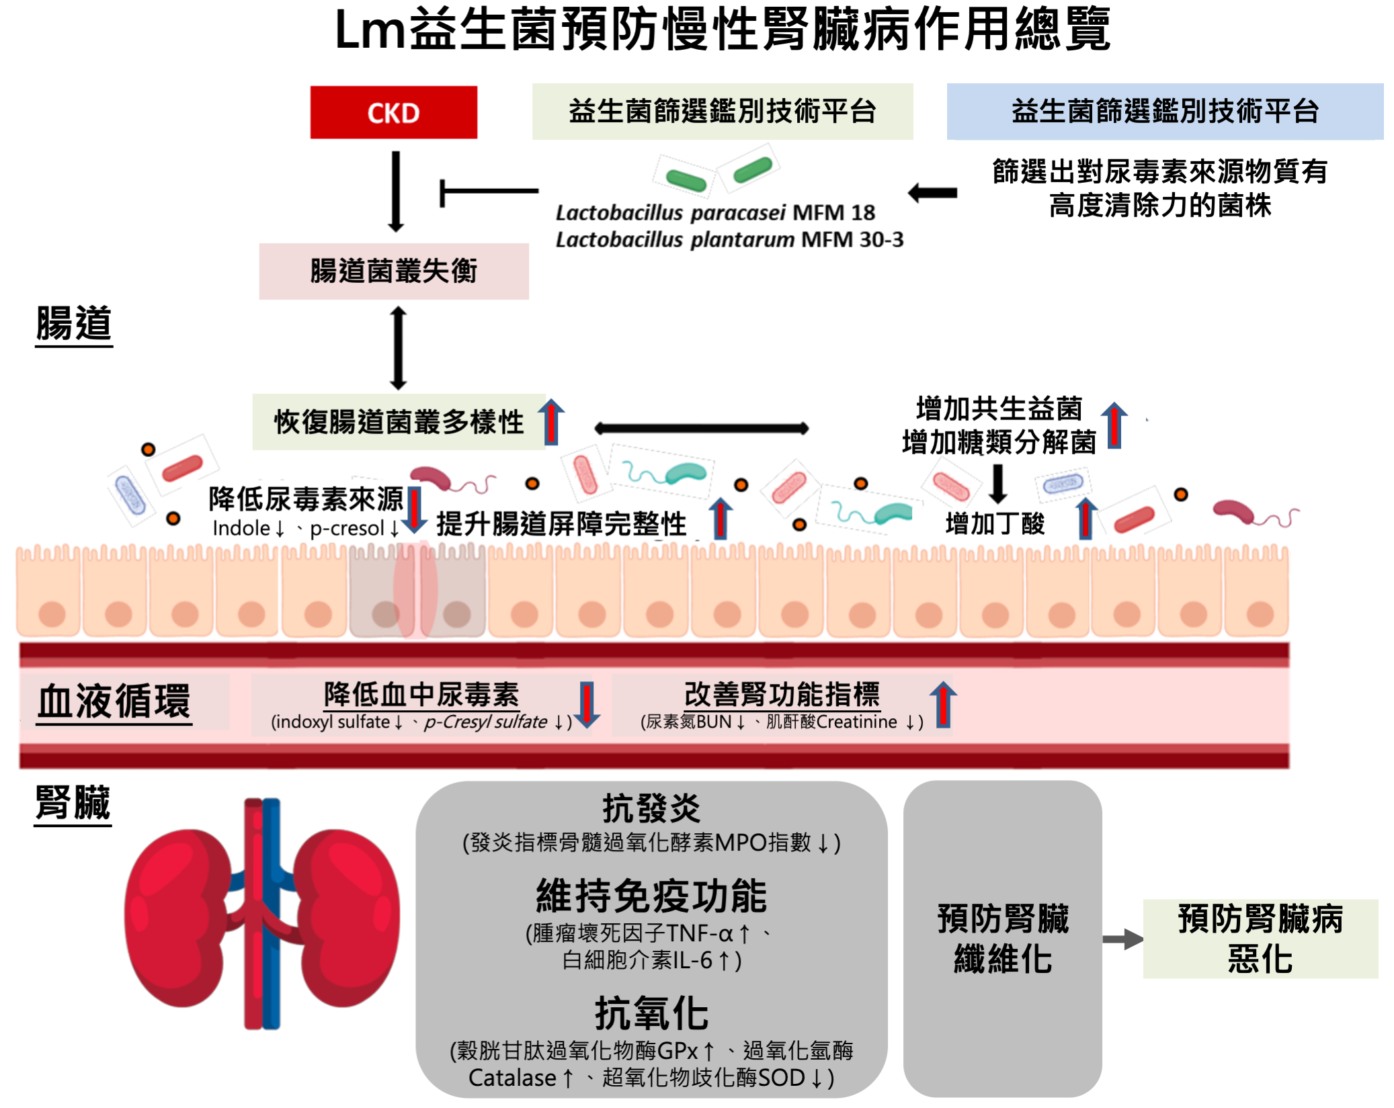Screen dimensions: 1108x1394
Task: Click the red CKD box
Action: (x=393, y=112)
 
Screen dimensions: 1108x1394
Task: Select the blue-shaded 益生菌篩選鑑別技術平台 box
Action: (x=1164, y=112)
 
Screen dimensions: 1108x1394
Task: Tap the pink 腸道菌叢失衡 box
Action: (x=394, y=271)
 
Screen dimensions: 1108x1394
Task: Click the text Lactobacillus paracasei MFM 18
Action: (x=714, y=213)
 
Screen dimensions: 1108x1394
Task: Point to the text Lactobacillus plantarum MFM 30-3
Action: (x=729, y=240)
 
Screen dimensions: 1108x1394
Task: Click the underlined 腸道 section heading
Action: (x=74, y=324)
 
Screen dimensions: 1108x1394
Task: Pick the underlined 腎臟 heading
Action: (x=73, y=802)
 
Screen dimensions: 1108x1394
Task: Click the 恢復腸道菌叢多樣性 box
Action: (x=399, y=422)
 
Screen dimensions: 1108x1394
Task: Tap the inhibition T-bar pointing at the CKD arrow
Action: (x=488, y=192)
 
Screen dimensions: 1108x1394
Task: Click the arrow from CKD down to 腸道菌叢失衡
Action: (x=396, y=191)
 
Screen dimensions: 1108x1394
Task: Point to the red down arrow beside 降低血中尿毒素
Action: (x=587, y=704)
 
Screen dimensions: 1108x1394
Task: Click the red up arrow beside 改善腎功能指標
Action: (x=943, y=704)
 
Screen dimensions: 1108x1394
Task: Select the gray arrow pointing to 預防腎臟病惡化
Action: (x=1122, y=939)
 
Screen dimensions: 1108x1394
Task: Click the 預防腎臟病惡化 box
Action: (x=1260, y=939)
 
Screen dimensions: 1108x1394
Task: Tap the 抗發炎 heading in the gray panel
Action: (x=651, y=808)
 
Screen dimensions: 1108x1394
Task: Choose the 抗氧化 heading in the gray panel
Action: (x=651, y=1013)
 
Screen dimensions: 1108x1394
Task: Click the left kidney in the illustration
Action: (x=178, y=917)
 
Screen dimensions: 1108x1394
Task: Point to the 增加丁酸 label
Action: (x=995, y=523)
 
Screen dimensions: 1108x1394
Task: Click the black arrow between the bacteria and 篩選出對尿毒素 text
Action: (x=933, y=194)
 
